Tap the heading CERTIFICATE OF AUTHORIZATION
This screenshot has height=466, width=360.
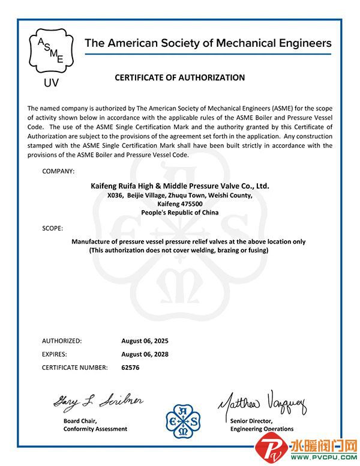(179, 77)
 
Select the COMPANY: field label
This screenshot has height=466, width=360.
(58, 172)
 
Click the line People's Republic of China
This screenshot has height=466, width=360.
(179, 213)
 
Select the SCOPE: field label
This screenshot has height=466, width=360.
(53, 229)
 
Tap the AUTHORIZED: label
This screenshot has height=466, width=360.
(62, 340)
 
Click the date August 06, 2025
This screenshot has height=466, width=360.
(145, 340)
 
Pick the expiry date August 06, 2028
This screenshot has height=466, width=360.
(145, 354)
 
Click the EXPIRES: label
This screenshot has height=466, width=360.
(55, 354)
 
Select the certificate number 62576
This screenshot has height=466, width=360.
(130, 368)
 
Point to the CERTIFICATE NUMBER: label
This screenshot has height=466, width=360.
(75, 368)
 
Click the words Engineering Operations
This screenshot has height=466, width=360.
(262, 429)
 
